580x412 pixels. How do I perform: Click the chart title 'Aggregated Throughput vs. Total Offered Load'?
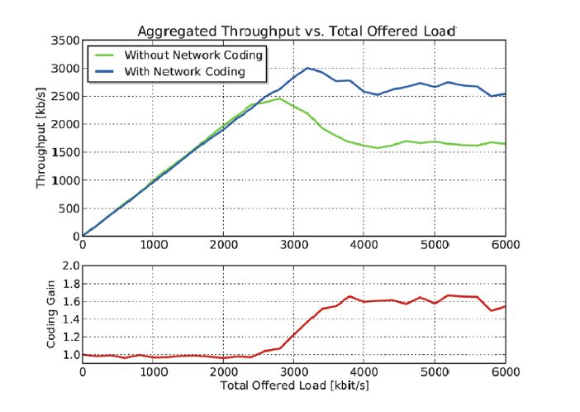[x=296, y=31]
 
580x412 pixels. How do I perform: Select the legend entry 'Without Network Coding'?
[x=193, y=55]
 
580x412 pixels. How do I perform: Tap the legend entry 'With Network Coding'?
[x=184, y=72]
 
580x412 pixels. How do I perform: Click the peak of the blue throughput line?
[x=307, y=68]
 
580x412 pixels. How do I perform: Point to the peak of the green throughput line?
[x=279, y=98]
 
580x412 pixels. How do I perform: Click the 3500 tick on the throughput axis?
[x=66, y=41]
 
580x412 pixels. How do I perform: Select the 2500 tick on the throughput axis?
[x=66, y=97]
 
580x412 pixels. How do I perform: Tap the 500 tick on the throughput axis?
[x=69, y=208]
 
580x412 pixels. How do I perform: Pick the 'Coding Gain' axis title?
[x=50, y=315]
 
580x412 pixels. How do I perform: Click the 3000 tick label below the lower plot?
[x=293, y=372]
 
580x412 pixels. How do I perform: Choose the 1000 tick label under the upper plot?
[x=153, y=245]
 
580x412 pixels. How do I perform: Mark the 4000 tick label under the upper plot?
[x=364, y=245]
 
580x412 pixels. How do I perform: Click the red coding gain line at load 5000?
[x=435, y=304]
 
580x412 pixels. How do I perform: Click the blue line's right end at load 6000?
[x=505, y=94]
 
